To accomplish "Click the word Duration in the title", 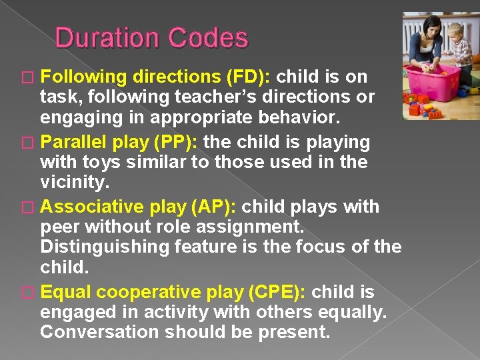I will [x=107, y=38].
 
